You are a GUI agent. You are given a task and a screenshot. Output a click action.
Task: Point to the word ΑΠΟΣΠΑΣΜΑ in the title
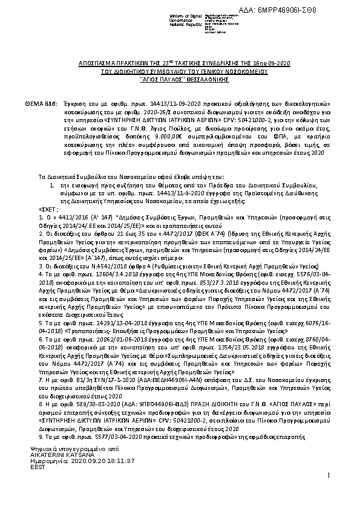(x=97, y=63)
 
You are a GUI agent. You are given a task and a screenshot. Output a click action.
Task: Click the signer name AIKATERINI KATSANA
(x=59, y=454)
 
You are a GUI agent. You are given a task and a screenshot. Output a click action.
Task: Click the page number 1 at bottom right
(x=327, y=476)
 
